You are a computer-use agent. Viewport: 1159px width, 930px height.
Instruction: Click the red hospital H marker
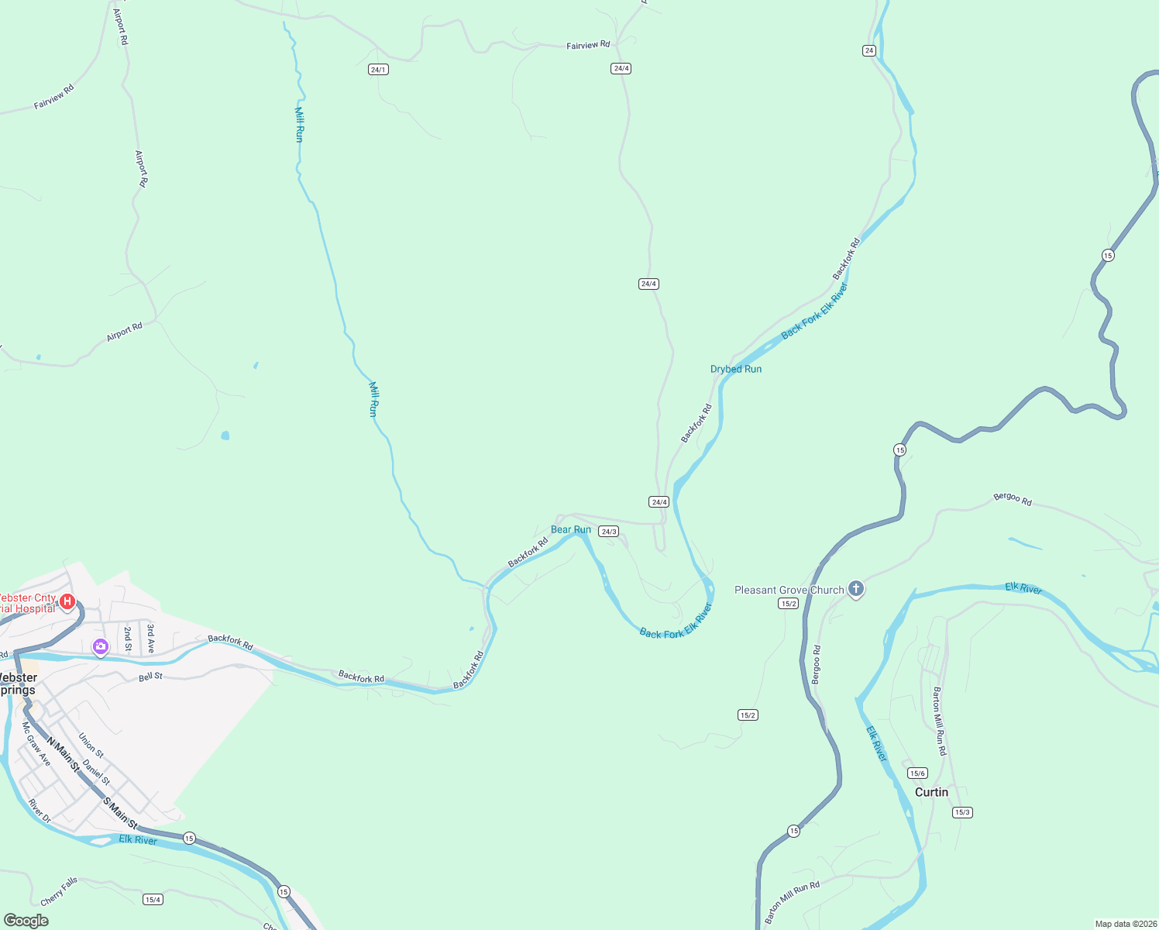[67, 601]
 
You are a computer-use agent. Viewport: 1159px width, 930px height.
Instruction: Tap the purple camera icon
[100, 646]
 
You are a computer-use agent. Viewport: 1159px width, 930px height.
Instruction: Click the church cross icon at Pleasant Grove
[855, 589]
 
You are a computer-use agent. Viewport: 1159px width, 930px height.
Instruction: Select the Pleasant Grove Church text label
[789, 590]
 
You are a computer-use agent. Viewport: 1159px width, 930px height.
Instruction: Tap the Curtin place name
[931, 792]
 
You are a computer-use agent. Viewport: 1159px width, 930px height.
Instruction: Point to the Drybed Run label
[736, 369]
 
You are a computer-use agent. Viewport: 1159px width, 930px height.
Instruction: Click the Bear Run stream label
[571, 530]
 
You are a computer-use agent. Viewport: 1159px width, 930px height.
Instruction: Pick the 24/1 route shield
[378, 70]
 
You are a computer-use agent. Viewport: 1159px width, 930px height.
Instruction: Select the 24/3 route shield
[609, 532]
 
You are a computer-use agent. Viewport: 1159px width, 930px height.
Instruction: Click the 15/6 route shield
[917, 773]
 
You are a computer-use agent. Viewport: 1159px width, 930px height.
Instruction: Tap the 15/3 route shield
[962, 812]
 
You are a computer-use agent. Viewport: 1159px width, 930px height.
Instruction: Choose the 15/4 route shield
[153, 899]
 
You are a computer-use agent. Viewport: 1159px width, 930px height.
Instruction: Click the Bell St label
[151, 677]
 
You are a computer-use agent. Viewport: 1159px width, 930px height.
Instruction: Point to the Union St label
[91, 746]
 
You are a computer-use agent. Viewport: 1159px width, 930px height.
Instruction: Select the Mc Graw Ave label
[36, 745]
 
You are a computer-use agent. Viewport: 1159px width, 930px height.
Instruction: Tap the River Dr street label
[40, 811]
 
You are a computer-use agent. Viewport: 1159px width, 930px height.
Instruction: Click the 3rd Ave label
[151, 638]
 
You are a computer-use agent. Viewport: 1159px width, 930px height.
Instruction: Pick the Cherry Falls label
[60, 891]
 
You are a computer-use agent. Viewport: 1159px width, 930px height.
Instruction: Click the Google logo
[26, 920]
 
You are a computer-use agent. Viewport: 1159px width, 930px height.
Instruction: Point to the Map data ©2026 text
[1123, 924]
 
